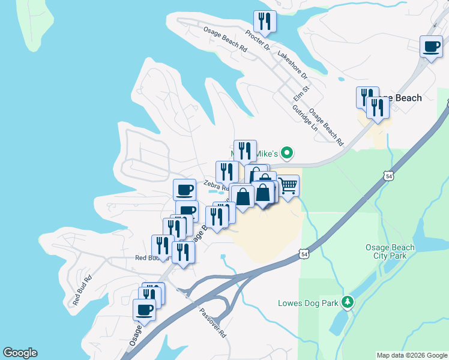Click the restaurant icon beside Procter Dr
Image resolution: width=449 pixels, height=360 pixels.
pyautogui.click(x=265, y=22)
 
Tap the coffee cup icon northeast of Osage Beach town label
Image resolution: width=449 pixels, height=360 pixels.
pyautogui.click(x=431, y=47)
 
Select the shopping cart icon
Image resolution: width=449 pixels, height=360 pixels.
pyautogui.click(x=288, y=186)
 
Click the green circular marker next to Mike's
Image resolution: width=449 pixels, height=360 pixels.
pyautogui.click(x=287, y=153)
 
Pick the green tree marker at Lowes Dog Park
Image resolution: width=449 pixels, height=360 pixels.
pyautogui.click(x=346, y=302)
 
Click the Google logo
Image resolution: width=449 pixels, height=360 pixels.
pyautogui.click(x=20, y=353)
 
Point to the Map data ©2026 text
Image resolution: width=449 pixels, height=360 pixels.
pyautogui.click(x=411, y=355)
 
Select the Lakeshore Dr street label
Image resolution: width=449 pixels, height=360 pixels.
pyautogui.click(x=292, y=65)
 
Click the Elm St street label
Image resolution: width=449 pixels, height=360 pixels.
pyautogui.click(x=301, y=92)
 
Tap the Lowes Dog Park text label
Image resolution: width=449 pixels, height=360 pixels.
pyautogui.click(x=309, y=303)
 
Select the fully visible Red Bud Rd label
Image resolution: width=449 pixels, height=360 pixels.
pyautogui.click(x=83, y=290)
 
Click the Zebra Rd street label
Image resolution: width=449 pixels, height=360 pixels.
pyautogui.click(x=215, y=185)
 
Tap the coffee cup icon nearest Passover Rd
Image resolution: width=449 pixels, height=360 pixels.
pyautogui.click(x=144, y=310)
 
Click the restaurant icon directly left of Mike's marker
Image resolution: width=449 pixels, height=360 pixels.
pyautogui.click(x=245, y=151)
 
